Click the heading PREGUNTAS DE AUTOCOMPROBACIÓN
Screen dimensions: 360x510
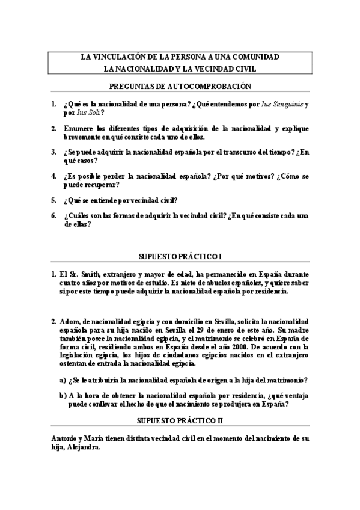coord(180,87)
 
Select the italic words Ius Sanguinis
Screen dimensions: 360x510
coord(282,104)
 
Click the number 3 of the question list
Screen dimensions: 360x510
coord(54,153)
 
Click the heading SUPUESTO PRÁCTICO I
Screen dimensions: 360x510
coord(180,256)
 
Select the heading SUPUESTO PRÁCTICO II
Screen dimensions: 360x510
coord(180,420)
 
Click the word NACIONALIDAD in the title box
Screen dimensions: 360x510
coord(148,69)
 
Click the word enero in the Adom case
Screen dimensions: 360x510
coord(233,330)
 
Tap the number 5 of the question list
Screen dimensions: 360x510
coord(54,200)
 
